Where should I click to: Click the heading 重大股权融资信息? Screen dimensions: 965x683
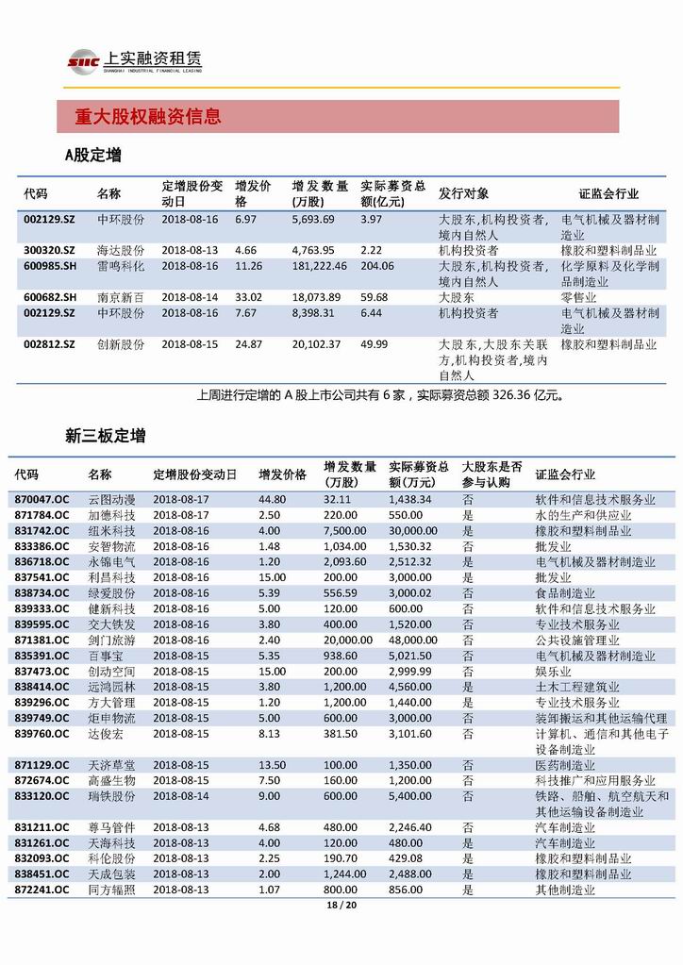148,117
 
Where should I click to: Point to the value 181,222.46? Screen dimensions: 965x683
320,266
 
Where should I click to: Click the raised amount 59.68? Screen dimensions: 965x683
375,297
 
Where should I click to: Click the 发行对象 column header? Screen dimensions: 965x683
463,193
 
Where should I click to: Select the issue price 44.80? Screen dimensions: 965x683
273,499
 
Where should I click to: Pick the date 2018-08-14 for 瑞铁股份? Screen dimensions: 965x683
181,796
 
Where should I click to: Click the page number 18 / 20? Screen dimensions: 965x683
341,907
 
